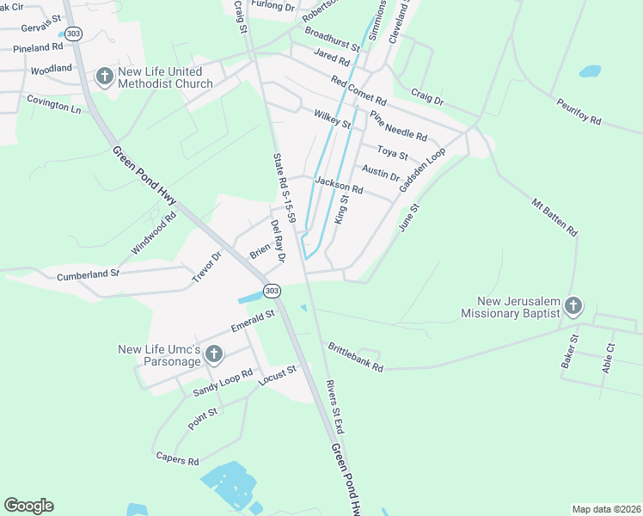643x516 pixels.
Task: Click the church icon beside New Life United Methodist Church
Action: tap(104, 77)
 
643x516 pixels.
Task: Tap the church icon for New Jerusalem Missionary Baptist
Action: tap(573, 305)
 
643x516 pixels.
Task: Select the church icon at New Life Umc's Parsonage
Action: tap(214, 354)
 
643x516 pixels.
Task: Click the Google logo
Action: tap(28, 506)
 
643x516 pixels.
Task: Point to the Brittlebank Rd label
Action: tap(354, 355)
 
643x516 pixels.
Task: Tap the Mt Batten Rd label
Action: tap(554, 218)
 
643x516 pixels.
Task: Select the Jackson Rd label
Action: tap(339, 185)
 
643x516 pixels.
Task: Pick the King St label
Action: tap(341, 209)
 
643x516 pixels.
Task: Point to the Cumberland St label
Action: tap(88, 274)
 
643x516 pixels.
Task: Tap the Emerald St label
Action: tap(252, 321)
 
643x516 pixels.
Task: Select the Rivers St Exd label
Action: tap(335, 407)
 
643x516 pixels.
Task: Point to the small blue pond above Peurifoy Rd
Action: tap(591, 71)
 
